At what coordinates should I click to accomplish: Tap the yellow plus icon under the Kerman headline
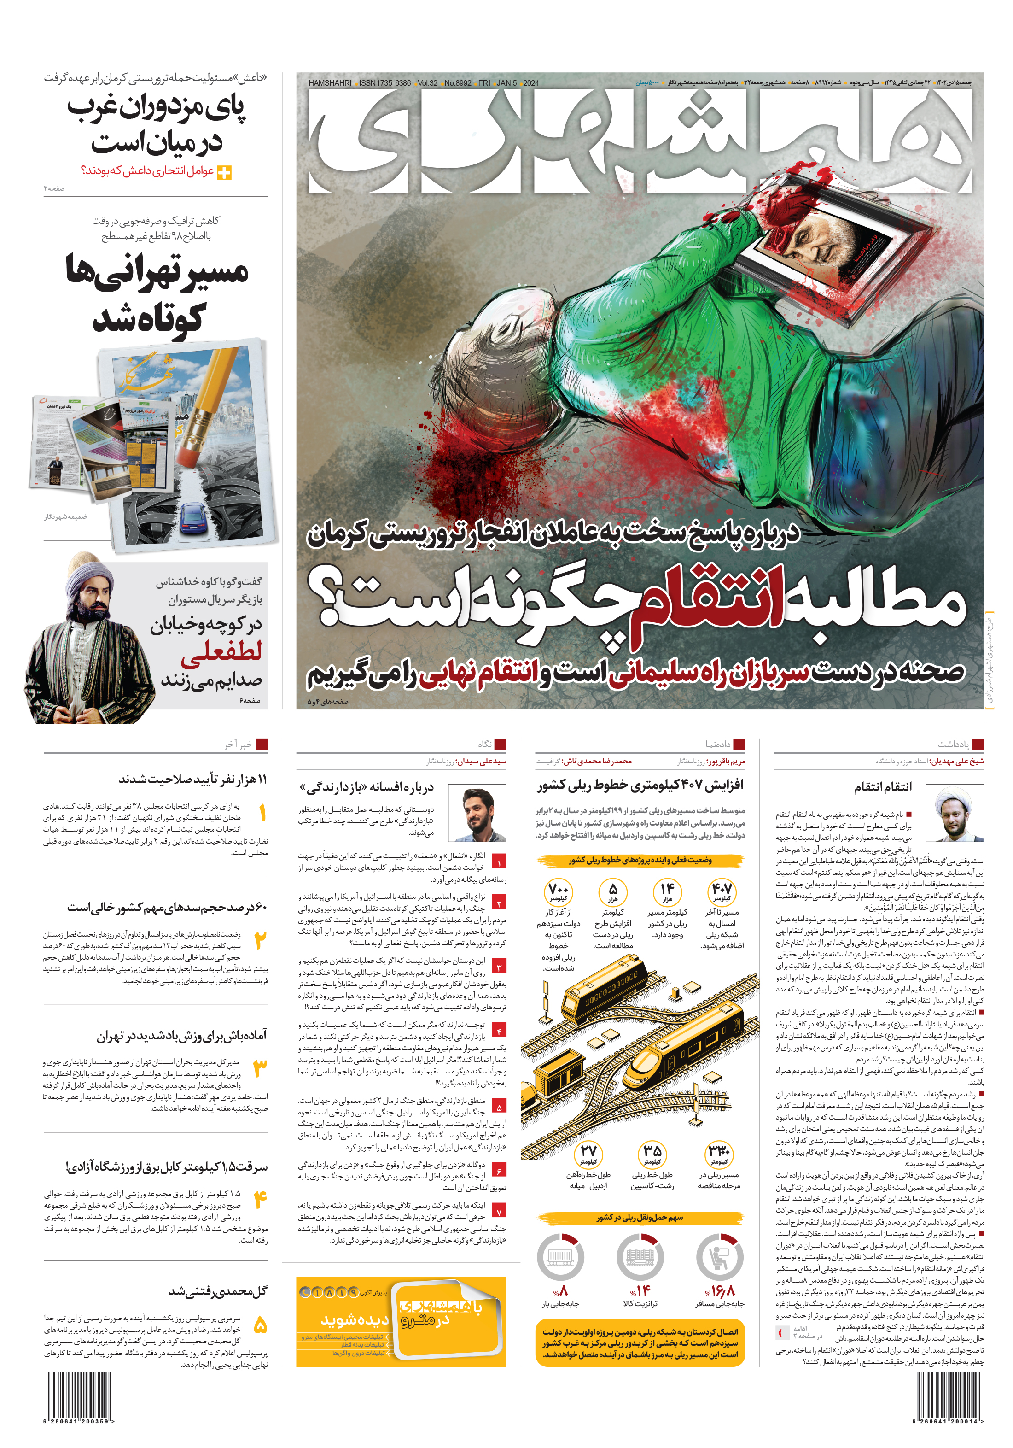(x=224, y=172)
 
